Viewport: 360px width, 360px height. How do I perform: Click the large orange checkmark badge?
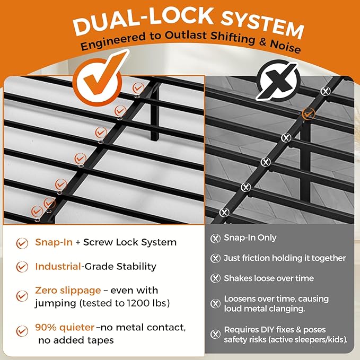point(98,81)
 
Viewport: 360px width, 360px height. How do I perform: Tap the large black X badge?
point(278,81)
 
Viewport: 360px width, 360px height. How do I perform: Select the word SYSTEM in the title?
point(262,25)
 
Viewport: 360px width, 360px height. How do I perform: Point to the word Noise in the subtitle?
point(285,46)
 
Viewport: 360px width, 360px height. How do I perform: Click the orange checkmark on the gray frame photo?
point(309,113)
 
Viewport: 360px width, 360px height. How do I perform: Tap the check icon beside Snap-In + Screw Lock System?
point(22,243)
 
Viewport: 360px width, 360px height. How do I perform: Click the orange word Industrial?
point(58,266)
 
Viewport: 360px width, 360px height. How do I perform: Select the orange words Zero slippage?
point(68,291)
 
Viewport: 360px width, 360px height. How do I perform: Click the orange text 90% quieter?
point(65,328)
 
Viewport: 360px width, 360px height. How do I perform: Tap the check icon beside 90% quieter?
point(22,331)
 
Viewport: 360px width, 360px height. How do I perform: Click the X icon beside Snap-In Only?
point(215,238)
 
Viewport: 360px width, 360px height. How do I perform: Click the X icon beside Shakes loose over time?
point(215,278)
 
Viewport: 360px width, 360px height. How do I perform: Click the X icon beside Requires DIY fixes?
point(215,334)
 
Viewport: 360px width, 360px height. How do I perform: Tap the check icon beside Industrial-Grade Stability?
point(22,267)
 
